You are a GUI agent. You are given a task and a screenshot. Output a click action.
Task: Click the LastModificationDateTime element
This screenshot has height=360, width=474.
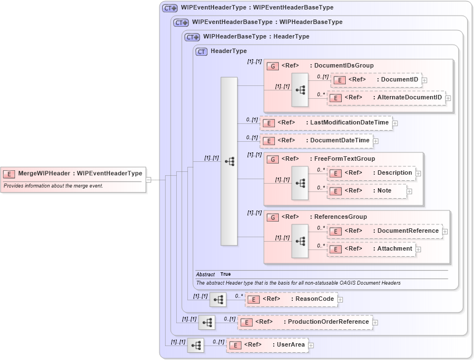point(326,123)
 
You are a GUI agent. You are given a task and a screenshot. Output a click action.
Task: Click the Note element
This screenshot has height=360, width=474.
point(367,191)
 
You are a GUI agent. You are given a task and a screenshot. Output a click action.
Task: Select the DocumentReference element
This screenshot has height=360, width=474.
point(385,231)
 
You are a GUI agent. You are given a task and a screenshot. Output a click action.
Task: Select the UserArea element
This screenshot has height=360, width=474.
point(267,345)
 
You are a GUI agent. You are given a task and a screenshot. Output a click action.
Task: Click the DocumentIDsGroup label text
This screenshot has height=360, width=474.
point(341,66)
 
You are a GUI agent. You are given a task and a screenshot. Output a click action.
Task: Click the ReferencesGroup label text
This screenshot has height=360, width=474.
point(340,217)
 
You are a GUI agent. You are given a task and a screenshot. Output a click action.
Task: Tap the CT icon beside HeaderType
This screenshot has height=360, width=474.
point(202,51)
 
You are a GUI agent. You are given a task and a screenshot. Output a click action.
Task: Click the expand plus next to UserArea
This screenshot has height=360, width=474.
point(311,345)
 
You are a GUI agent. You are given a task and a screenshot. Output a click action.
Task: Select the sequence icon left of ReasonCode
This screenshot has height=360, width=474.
point(218,300)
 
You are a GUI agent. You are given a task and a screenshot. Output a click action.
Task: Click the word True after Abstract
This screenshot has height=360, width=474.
point(225,275)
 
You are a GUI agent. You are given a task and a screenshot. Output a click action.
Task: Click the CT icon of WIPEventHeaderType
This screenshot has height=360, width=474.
point(170,8)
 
